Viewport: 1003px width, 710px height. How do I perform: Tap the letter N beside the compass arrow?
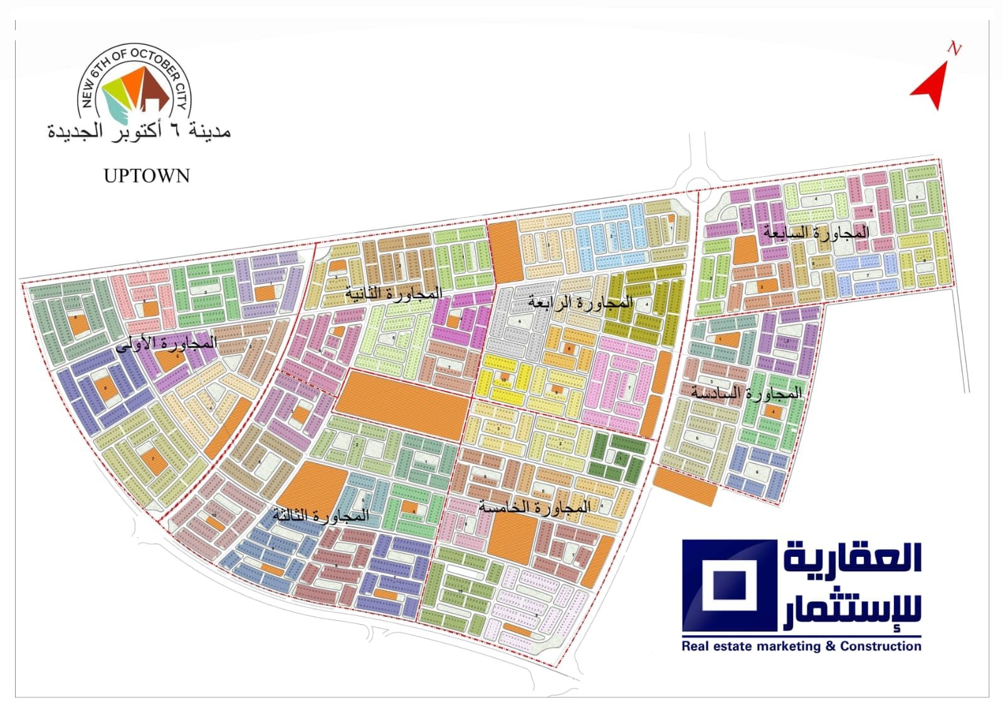pos(954,49)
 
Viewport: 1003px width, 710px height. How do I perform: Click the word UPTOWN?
pos(147,176)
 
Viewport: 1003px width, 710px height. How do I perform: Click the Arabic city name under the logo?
pos(139,132)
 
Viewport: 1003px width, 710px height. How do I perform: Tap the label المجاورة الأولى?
pos(167,342)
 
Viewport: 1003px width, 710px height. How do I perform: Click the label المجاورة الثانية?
pos(394,293)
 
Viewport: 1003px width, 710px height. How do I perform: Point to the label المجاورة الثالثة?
pos(320,516)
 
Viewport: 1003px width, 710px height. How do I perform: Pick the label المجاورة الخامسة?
pos(534,507)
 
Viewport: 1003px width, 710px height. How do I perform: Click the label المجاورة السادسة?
pos(746,393)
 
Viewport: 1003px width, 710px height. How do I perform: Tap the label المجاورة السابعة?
pos(816,232)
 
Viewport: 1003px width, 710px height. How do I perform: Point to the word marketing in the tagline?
pos(789,646)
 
